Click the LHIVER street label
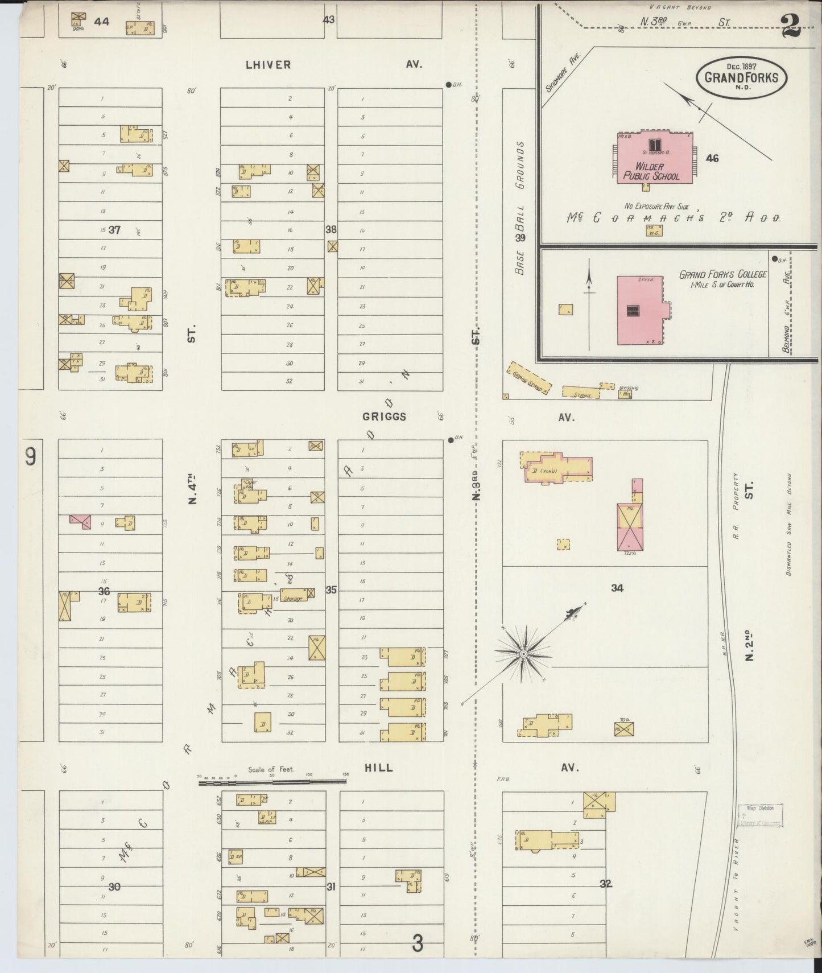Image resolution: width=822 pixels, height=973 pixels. pyautogui.click(x=268, y=65)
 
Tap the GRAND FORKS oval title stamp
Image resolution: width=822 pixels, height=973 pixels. pyautogui.click(x=741, y=78)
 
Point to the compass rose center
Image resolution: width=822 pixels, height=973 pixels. pyautogui.click(x=523, y=654)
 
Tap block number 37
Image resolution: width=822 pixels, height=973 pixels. pyautogui.click(x=115, y=230)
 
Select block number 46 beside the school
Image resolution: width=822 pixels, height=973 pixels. pyautogui.click(x=712, y=158)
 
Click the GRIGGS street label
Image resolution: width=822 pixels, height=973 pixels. pyautogui.click(x=384, y=417)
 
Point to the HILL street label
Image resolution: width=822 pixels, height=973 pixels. pyautogui.click(x=378, y=768)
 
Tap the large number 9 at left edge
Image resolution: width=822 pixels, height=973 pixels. pyautogui.click(x=31, y=457)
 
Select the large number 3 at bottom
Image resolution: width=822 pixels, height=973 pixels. pyautogui.click(x=418, y=944)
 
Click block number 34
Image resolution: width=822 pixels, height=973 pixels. pyautogui.click(x=617, y=588)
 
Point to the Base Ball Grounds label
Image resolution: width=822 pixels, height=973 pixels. pyautogui.click(x=520, y=208)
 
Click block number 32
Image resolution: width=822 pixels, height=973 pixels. pyautogui.click(x=605, y=884)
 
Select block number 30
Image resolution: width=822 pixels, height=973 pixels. pyautogui.click(x=115, y=887)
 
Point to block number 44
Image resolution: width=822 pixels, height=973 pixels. pyautogui.click(x=102, y=22)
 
